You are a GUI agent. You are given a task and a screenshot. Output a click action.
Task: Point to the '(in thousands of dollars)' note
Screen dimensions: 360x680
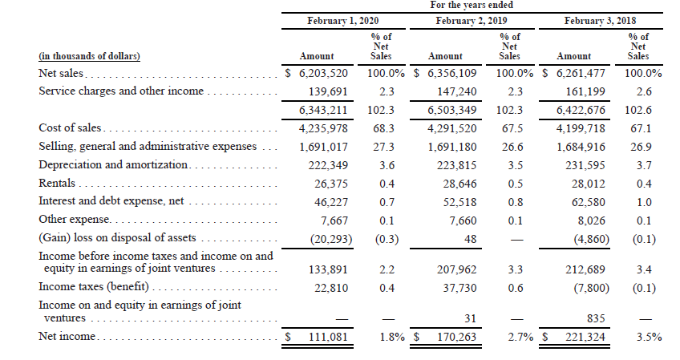tap(89, 56)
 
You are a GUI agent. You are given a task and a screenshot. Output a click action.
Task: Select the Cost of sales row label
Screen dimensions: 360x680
tap(71, 128)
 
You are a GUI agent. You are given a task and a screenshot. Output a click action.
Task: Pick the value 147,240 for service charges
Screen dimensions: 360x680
tap(455, 91)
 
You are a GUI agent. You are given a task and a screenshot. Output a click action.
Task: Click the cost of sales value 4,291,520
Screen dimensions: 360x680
tap(453, 128)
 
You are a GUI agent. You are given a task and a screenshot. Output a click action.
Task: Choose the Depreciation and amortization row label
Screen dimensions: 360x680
tap(112, 164)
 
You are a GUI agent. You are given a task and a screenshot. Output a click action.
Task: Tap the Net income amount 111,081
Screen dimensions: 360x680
tap(326, 338)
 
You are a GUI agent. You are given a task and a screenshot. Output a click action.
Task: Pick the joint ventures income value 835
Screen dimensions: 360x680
tap(595, 318)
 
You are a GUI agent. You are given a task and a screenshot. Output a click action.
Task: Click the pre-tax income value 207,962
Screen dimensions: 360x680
tap(455, 269)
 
